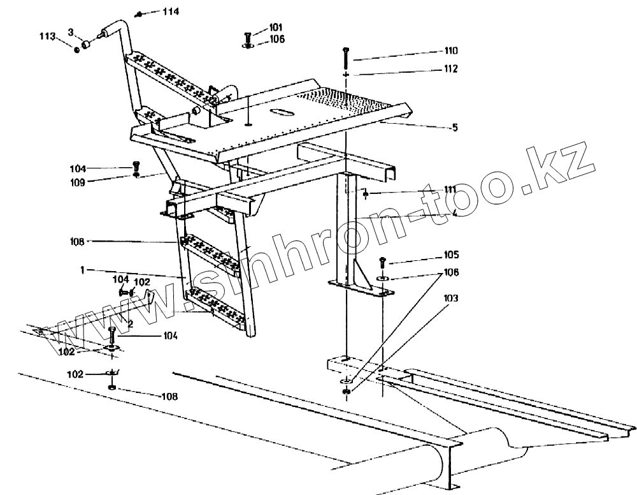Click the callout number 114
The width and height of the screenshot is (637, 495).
click(x=153, y=12)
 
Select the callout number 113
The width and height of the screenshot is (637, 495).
click(x=48, y=36)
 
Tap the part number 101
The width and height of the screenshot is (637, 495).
click(x=275, y=27)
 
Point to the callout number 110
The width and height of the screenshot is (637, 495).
click(x=451, y=50)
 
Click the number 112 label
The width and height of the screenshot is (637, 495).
click(x=451, y=69)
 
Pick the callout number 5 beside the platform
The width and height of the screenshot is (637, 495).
click(x=454, y=128)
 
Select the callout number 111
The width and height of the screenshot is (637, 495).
click(x=450, y=189)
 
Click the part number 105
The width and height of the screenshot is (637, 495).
click(x=450, y=255)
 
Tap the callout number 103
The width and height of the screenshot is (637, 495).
click(x=450, y=298)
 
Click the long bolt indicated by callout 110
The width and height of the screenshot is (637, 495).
click(x=345, y=58)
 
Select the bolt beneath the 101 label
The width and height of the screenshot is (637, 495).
click(x=247, y=36)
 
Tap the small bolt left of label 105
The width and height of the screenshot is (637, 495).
click(x=382, y=262)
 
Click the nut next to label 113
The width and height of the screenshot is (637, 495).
click(x=76, y=50)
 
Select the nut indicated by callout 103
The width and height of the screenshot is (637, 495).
click(x=347, y=389)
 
